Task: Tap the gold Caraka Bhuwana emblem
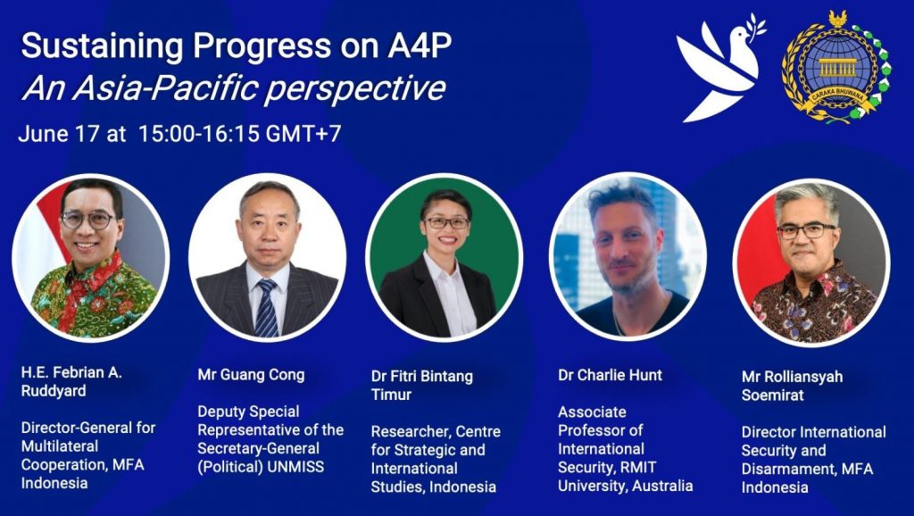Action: [x=836, y=66]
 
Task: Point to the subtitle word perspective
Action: [x=355, y=88]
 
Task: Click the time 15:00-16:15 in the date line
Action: [x=199, y=134]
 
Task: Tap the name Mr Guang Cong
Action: [x=251, y=375]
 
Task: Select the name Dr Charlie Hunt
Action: [x=611, y=375]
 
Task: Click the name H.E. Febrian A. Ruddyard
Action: [x=71, y=381]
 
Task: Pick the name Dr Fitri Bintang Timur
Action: [x=422, y=386]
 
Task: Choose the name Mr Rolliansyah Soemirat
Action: [x=793, y=386]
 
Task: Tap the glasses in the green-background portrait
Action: [x=446, y=222]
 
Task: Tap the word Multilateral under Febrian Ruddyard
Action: [x=60, y=446]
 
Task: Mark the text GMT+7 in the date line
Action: [x=303, y=134]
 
